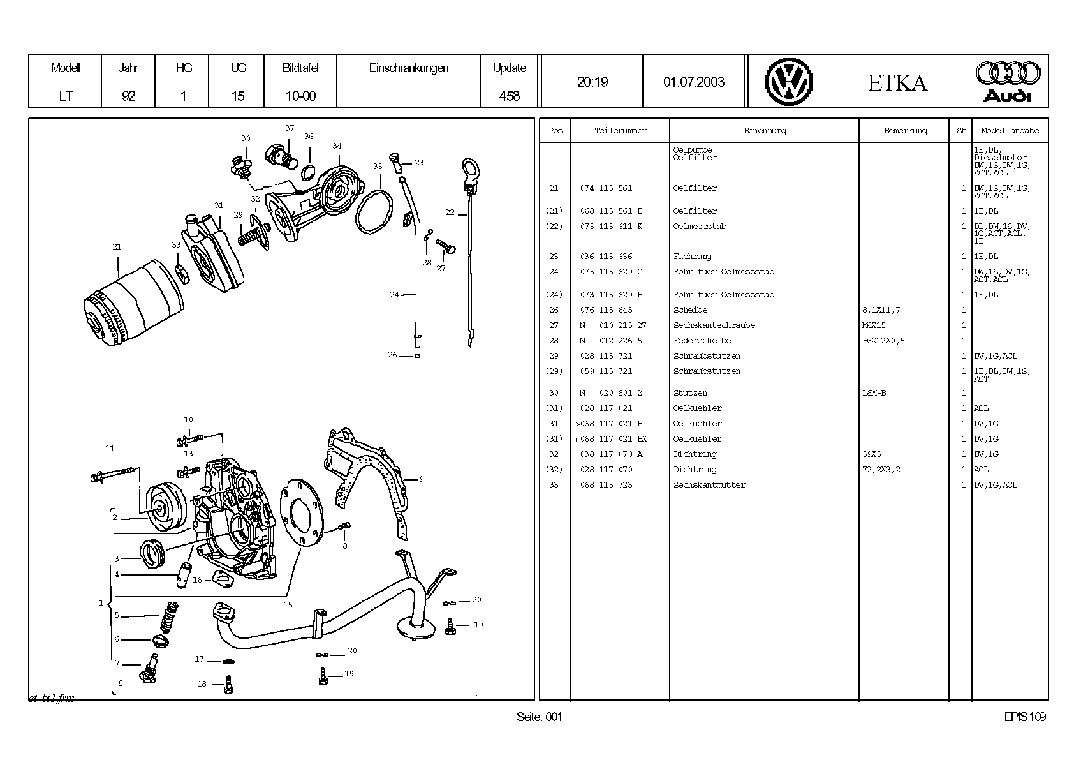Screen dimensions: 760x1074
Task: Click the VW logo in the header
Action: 789,82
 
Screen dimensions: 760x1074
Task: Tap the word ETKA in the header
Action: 897,83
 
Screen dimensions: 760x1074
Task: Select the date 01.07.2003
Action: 694,82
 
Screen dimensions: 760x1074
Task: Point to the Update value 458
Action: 509,96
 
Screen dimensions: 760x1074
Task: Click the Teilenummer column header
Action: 621,131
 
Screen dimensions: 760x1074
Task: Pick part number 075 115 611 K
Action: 611,227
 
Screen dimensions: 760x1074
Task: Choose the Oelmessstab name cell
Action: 700,227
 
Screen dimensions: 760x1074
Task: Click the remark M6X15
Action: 874,325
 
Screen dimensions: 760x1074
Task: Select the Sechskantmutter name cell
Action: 709,485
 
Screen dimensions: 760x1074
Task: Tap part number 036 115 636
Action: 606,257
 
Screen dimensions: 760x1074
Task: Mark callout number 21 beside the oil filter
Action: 117,246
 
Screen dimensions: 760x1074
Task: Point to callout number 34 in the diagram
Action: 337,146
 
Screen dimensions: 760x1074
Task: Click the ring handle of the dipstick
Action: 470,169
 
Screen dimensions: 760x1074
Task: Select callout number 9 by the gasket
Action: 422,479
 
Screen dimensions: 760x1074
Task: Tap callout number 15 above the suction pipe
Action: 288,604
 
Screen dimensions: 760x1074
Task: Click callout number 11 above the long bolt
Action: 110,449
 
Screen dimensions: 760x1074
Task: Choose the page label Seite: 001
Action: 540,717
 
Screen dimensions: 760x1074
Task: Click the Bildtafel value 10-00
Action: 300,96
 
